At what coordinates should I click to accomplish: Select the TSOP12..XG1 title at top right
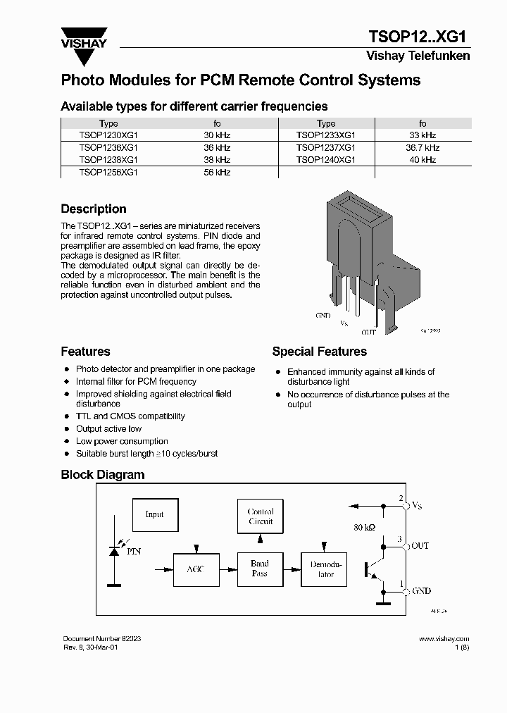pyautogui.click(x=418, y=37)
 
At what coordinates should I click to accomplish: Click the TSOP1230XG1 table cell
pyautogui.click(x=108, y=135)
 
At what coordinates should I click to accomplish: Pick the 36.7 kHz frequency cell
pyautogui.click(x=423, y=148)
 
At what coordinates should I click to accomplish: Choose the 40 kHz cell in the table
pyautogui.click(x=423, y=160)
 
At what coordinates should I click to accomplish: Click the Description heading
pyautogui.click(x=94, y=209)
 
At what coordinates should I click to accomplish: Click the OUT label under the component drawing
pyautogui.click(x=369, y=331)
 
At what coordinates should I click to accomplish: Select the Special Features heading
pyautogui.click(x=319, y=352)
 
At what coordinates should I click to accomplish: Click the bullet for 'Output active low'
pyautogui.click(x=67, y=429)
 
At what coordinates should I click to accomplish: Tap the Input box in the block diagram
pyautogui.click(x=154, y=514)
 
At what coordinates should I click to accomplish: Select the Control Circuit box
pyautogui.click(x=261, y=516)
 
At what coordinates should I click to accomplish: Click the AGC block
pyautogui.click(x=196, y=569)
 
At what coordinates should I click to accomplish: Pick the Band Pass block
pyautogui.click(x=260, y=569)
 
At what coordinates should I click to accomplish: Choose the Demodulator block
pyautogui.click(x=324, y=569)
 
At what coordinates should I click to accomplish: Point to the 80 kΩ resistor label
pyautogui.click(x=364, y=527)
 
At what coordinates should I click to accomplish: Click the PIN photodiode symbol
pyautogui.click(x=113, y=550)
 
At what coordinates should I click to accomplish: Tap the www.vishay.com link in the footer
pyautogui.click(x=444, y=639)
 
